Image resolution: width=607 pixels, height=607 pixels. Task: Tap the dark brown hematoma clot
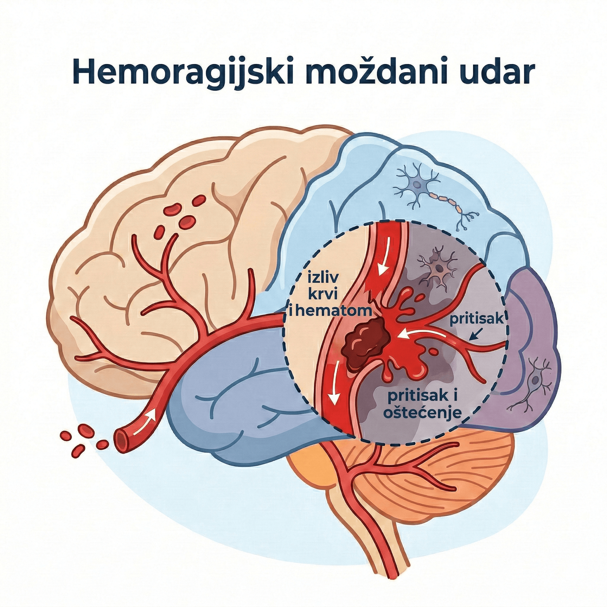(x=366, y=341)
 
